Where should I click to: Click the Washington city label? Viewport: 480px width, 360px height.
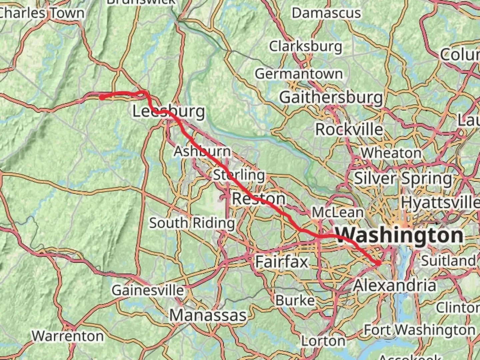point(399,235)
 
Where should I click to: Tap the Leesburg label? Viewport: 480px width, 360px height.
point(169,111)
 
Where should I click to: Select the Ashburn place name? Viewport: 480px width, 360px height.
point(202,151)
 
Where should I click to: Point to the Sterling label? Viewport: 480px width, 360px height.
point(239,175)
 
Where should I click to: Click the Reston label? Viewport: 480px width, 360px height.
point(259,199)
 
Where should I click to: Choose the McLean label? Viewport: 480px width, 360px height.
point(337,212)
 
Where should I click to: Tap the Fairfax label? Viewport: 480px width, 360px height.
point(282,262)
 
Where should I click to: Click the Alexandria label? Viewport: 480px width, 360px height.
point(395,286)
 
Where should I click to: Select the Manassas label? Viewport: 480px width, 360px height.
point(208,315)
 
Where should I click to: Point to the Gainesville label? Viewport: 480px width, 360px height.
point(148,290)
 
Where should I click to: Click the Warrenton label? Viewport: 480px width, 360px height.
point(68,336)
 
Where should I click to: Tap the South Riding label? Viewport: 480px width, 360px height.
point(192,223)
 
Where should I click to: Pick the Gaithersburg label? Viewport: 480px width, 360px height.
point(331,98)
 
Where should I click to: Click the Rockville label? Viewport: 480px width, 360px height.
point(349,129)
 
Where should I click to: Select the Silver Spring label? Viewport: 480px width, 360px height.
point(403,178)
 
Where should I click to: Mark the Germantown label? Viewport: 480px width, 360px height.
point(299,74)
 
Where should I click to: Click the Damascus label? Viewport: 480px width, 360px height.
point(326,13)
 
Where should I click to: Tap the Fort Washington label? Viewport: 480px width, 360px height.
point(419,330)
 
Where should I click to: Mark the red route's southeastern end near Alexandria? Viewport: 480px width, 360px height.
point(378,263)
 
